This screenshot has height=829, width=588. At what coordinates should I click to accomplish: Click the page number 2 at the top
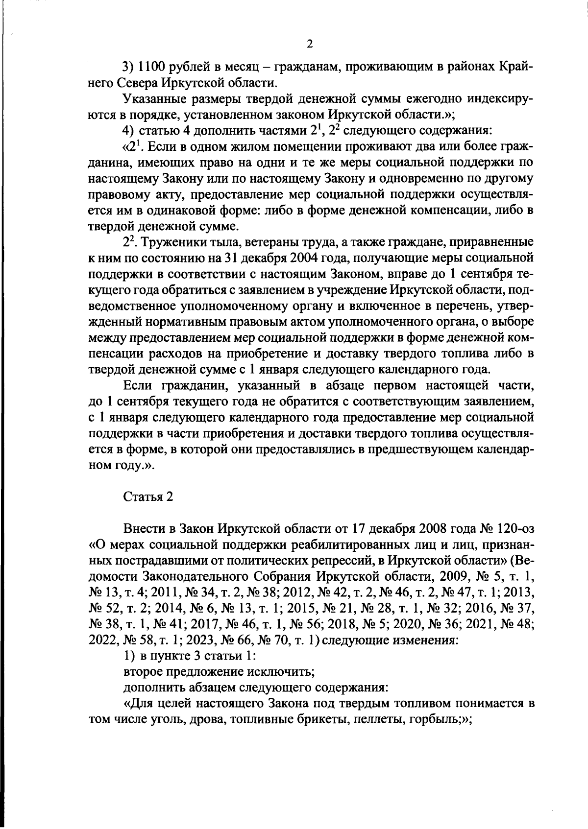click(309, 45)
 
